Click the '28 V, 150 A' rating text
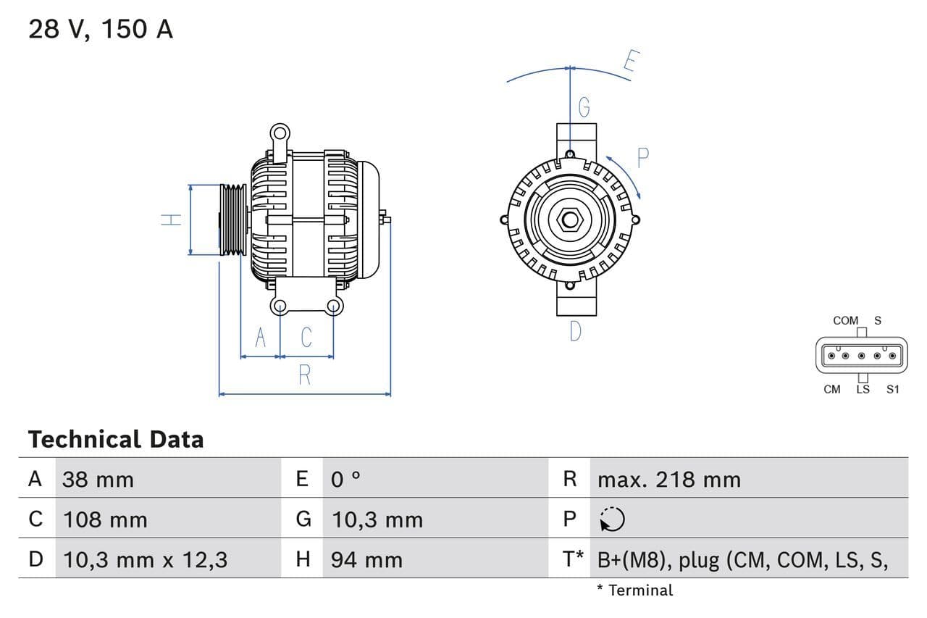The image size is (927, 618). (x=101, y=30)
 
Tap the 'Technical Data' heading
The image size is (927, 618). (x=116, y=439)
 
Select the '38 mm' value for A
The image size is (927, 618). (x=98, y=479)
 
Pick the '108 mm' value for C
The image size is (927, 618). (x=105, y=519)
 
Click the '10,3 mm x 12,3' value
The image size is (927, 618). (x=145, y=559)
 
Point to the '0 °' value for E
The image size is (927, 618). (x=346, y=479)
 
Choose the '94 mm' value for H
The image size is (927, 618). (x=366, y=559)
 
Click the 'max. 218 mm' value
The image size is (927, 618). (x=668, y=479)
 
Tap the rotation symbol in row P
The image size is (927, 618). (x=613, y=519)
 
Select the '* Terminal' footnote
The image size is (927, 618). (x=634, y=590)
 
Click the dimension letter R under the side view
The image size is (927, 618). (x=305, y=375)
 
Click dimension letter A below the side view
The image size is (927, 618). (x=261, y=338)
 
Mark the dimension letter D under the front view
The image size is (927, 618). (x=575, y=331)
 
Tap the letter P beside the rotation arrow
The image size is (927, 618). (x=642, y=157)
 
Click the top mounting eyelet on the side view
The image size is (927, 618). (x=280, y=133)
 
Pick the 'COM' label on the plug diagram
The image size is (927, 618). (x=845, y=320)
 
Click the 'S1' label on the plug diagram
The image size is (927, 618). (x=892, y=389)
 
